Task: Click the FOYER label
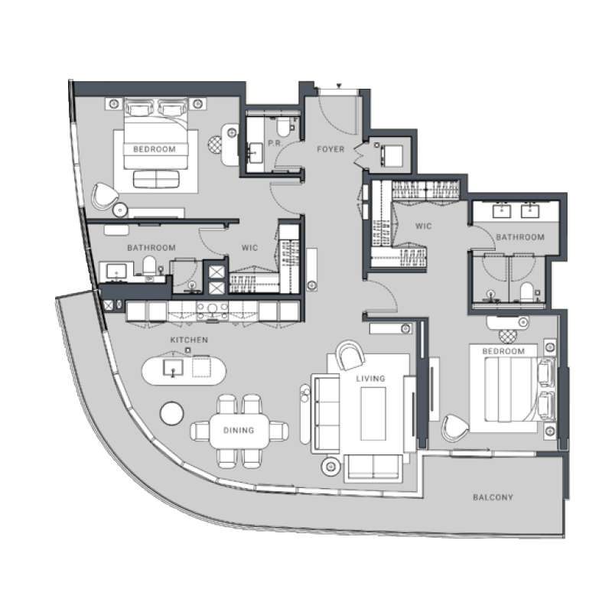coord(330,149)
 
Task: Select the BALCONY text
coord(493,497)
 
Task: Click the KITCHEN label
coord(190,339)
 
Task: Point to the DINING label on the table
coord(239,431)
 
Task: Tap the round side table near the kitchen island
coord(171,413)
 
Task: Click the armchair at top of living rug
coord(350,354)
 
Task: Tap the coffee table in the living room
coord(373,413)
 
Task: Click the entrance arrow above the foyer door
coord(339,86)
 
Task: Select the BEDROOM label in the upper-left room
coord(155,149)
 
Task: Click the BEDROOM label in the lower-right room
coord(503,351)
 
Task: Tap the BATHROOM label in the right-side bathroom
coord(520,237)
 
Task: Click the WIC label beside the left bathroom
coord(249,248)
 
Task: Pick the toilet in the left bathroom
coord(150,266)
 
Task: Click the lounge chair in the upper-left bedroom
coord(103,197)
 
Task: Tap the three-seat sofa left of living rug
coord(325,414)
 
